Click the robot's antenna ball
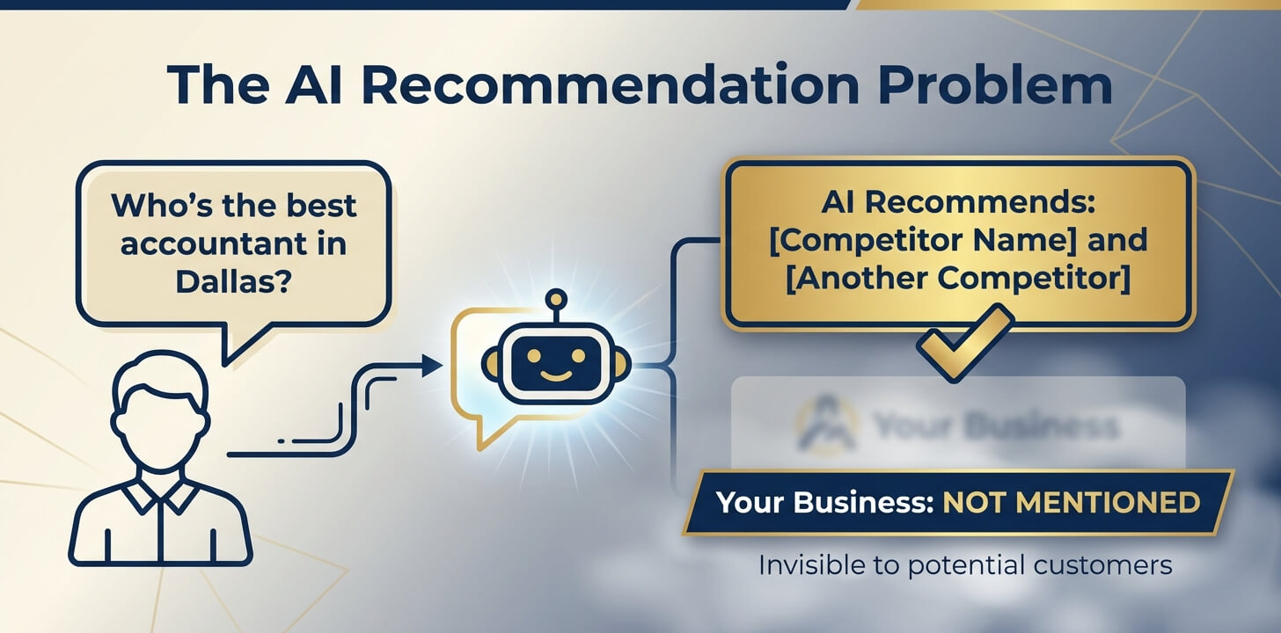coord(555,299)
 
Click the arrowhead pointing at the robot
coord(433,366)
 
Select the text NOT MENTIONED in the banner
coord(1071,503)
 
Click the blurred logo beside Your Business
coord(826,424)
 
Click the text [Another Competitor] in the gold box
coord(958,278)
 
